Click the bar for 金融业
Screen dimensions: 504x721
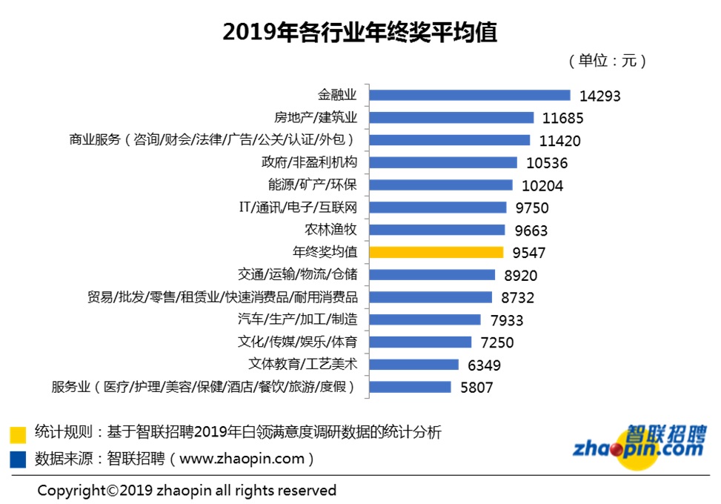tap(469, 95)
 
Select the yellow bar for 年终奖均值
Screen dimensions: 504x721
tap(436, 252)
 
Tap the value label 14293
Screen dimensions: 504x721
tap(599, 96)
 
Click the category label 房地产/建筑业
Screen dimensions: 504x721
tap(316, 117)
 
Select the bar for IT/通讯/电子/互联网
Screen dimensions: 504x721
tap(437, 208)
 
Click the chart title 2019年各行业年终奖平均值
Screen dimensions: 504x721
tap(360, 32)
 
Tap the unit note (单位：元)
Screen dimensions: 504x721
tap(607, 61)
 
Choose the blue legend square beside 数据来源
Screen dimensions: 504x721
tap(18, 459)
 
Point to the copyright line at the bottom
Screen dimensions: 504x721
tap(187, 490)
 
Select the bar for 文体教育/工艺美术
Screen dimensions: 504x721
tap(413, 364)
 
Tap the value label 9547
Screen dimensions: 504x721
tap(529, 253)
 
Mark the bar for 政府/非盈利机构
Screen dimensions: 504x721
tap(442, 162)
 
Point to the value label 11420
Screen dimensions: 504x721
tap(559, 141)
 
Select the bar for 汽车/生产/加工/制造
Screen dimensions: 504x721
tap(425, 319)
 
